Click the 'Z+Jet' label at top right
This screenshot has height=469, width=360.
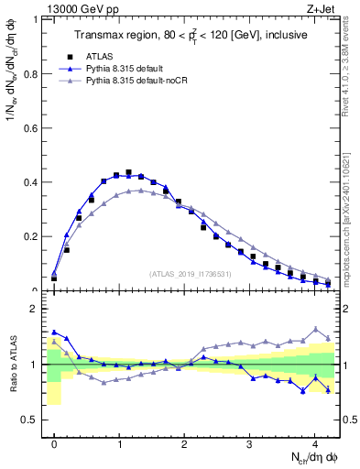click(322, 9)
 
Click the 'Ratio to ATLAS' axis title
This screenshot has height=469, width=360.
click(11, 365)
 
